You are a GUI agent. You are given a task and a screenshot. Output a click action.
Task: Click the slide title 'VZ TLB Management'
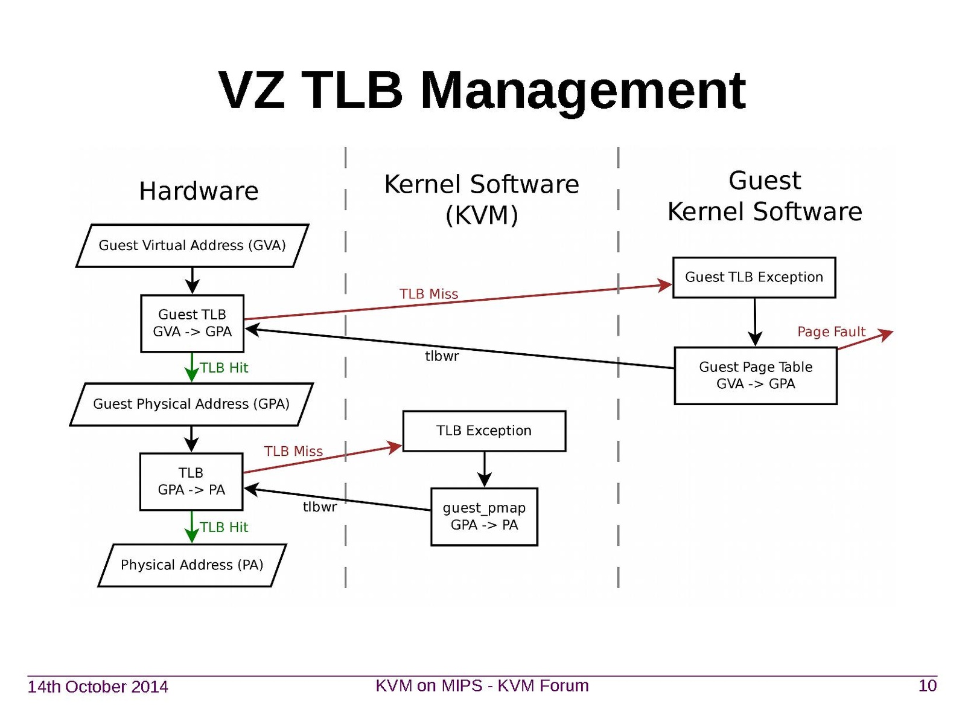(482, 91)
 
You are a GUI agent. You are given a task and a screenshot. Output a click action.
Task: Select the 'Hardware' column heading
(199, 191)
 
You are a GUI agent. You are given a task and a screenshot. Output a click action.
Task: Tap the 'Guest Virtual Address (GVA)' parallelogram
(192, 245)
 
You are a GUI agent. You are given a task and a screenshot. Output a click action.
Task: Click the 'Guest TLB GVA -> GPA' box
(192, 323)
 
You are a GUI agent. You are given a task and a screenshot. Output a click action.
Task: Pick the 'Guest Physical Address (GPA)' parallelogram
(191, 404)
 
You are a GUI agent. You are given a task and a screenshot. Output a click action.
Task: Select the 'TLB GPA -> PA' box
(191, 481)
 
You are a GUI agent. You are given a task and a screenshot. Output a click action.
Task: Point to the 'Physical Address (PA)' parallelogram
(192, 565)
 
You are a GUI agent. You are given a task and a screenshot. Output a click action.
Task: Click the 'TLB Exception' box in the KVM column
(484, 431)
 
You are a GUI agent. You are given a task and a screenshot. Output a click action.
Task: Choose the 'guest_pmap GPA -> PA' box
(484, 516)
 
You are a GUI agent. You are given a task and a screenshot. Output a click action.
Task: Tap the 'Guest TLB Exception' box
(754, 277)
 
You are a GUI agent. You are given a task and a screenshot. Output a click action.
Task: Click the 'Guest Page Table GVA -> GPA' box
(756, 375)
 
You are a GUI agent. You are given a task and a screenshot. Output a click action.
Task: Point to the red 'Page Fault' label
(831, 332)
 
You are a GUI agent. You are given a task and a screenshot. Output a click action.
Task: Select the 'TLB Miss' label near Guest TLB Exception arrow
(428, 294)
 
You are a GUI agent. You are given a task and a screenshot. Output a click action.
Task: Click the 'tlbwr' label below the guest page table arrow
(442, 356)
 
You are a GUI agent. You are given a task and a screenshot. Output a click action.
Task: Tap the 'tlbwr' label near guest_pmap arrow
(320, 507)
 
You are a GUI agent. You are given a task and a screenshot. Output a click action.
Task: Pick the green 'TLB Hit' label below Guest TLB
(224, 368)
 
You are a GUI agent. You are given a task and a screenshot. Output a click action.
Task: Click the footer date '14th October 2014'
(98, 687)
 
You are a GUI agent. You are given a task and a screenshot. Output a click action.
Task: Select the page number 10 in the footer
(927, 686)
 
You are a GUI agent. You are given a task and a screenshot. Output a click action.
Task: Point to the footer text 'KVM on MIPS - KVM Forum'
(482, 686)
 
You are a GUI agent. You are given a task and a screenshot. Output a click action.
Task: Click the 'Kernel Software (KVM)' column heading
(482, 199)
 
